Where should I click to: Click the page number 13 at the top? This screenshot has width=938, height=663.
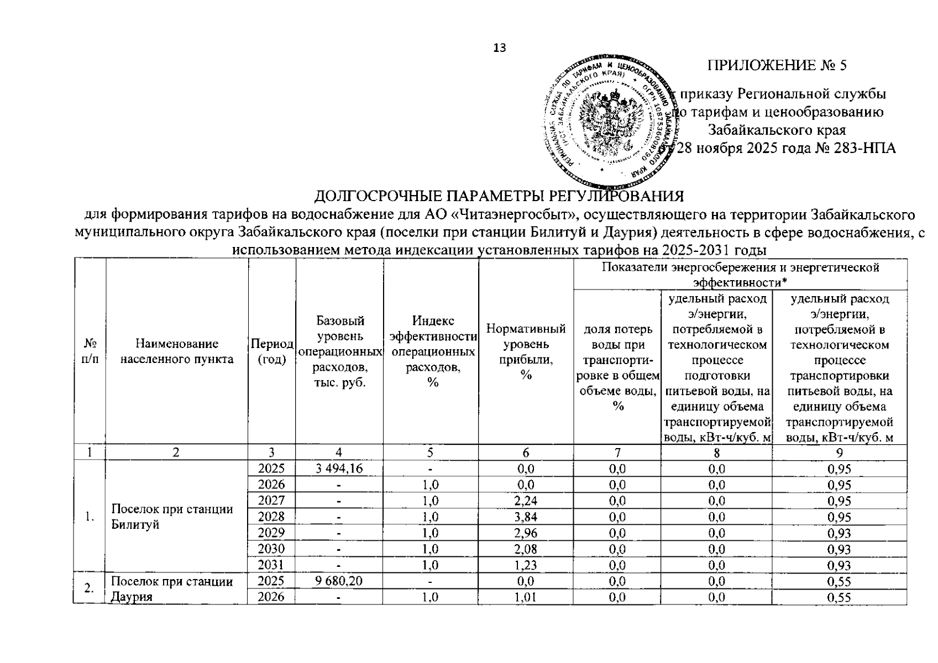tap(500, 48)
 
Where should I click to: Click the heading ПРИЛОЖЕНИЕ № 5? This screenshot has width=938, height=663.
tap(777, 66)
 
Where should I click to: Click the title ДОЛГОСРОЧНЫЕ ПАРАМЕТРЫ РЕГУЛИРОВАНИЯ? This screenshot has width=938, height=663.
tap(499, 197)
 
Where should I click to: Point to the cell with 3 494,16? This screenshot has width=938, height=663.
tap(339, 469)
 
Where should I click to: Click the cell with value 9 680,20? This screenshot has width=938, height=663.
tap(339, 581)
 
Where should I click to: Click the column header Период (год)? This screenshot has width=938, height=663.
tap(272, 351)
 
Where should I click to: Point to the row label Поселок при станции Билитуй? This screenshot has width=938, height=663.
tap(171, 517)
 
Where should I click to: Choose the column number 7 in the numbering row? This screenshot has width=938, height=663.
tap(617, 453)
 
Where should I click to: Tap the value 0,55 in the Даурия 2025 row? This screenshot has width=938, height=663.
tap(840, 581)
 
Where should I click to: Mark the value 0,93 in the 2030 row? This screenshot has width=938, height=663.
tap(840, 549)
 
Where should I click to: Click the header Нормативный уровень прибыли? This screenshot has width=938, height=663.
tap(526, 351)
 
